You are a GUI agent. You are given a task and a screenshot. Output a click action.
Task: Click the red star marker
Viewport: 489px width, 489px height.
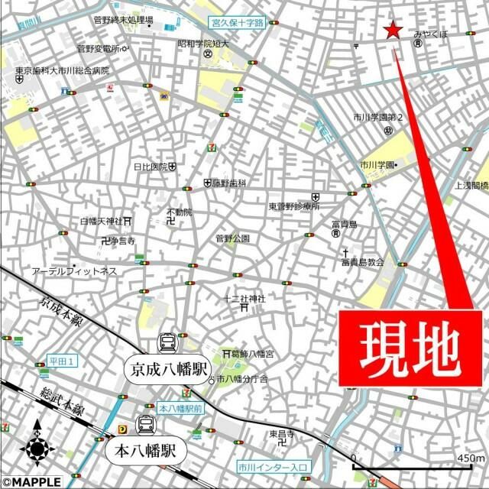tap(393, 31)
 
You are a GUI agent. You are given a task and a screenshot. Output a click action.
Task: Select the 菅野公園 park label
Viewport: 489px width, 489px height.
tap(232, 238)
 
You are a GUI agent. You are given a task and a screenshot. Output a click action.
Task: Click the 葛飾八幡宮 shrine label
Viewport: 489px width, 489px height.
tap(255, 354)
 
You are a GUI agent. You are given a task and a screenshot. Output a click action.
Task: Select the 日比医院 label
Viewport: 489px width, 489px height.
tap(151, 167)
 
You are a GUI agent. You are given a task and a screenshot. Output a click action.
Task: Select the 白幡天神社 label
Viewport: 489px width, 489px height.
tap(101, 222)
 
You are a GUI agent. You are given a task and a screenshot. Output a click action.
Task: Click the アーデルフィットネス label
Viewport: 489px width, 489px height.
tap(74, 271)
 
